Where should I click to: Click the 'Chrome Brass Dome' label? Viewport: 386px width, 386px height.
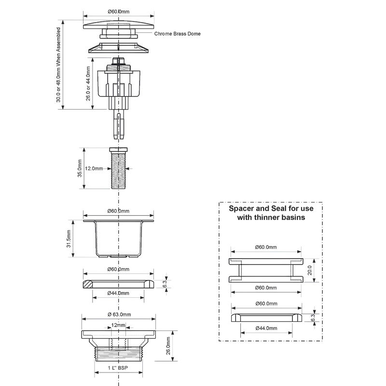pos(177,34)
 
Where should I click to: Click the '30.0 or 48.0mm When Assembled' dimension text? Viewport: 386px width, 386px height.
pos(58,65)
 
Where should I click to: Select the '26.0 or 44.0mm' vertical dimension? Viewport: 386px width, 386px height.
pos(88,83)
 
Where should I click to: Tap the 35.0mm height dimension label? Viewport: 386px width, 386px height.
pos(80,168)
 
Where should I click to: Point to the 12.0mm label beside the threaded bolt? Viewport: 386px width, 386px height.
pos(94,168)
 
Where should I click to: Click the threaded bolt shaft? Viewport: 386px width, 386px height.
pos(118,170)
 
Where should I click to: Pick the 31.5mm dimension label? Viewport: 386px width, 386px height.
pos(69,238)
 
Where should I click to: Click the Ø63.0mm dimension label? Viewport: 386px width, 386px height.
pos(119,315)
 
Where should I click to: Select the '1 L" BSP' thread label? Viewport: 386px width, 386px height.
pos(118,368)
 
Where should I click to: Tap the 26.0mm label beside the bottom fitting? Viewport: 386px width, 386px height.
pos(168,346)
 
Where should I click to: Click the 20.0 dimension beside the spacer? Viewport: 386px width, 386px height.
pos(310,270)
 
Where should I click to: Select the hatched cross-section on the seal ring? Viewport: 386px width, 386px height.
pos(87,284)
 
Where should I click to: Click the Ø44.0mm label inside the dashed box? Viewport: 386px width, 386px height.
pos(266,328)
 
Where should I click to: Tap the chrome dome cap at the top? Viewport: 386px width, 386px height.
pos(119,26)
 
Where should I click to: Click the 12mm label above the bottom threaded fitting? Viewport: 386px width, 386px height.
pos(118,325)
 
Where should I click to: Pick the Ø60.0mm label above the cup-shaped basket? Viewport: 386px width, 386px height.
pos(118,211)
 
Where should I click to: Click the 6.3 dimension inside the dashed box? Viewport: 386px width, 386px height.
pos(313,317)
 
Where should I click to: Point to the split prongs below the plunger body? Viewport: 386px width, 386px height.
pos(119,124)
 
